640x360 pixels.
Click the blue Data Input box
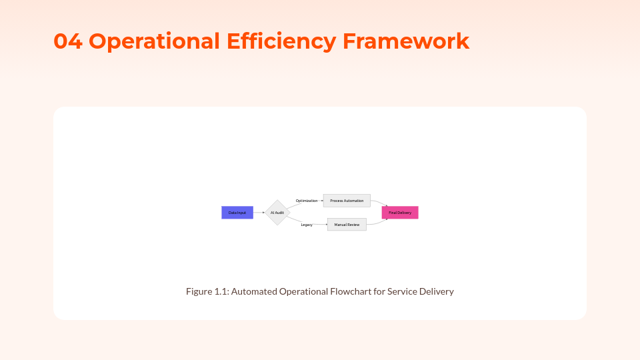[237, 213]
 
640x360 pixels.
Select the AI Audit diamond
[277, 213]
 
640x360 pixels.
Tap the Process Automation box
[347, 201]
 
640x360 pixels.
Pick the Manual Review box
[347, 225]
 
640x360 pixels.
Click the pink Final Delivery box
[400, 213]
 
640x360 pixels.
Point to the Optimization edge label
[307, 201]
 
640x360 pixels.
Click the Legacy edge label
[307, 225]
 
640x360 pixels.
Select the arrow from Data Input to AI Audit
[259, 213]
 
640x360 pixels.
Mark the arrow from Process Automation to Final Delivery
[379, 203]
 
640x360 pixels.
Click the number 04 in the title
[68, 41]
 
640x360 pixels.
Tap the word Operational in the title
[154, 41]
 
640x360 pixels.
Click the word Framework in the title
[406, 41]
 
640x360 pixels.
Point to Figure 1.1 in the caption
[207, 291]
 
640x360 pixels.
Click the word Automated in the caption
[254, 291]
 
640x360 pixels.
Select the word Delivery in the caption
[437, 291]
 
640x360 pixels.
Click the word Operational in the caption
[303, 291]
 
